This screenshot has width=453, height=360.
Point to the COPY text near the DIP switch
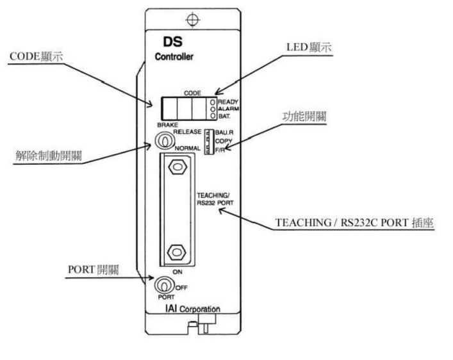(224, 140)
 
